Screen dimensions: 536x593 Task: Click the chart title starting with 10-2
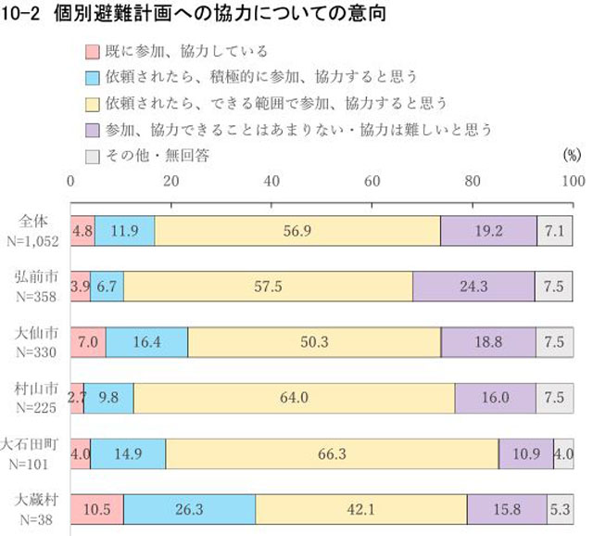tap(194, 14)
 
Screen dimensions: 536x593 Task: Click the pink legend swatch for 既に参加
tap(92, 52)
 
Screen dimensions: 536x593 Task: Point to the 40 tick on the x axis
tap(272, 181)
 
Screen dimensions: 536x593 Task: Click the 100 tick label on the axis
tap(573, 181)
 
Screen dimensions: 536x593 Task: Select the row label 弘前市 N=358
tap(38, 287)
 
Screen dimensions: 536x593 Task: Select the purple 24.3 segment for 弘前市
tap(473, 287)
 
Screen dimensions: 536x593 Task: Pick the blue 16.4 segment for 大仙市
tap(147, 341)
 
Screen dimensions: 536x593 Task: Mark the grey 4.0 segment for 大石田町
tap(563, 453)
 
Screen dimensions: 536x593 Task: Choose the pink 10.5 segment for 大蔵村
tap(97, 509)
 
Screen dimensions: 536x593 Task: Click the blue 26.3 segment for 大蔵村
tap(189, 509)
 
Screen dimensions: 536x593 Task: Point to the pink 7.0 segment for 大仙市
tap(89, 341)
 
